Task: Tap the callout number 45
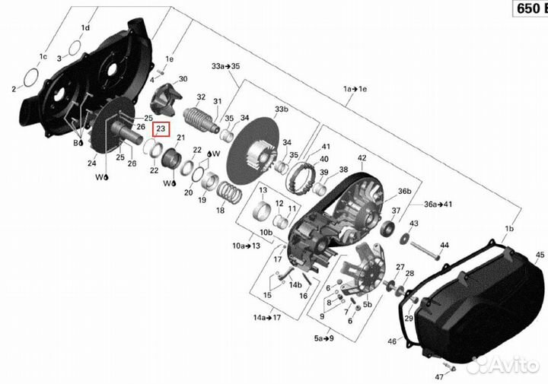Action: [x=540, y=255]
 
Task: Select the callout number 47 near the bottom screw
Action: [x=438, y=377]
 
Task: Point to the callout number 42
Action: [x=362, y=158]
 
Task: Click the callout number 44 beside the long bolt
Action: [x=444, y=245]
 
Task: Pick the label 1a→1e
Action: [x=354, y=89]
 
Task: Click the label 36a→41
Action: [x=438, y=205]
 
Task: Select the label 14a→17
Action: [x=268, y=317]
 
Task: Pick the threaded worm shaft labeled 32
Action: [x=199, y=118]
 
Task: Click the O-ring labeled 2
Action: [x=33, y=77]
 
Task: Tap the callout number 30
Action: [x=183, y=79]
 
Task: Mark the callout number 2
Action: [x=14, y=90]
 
